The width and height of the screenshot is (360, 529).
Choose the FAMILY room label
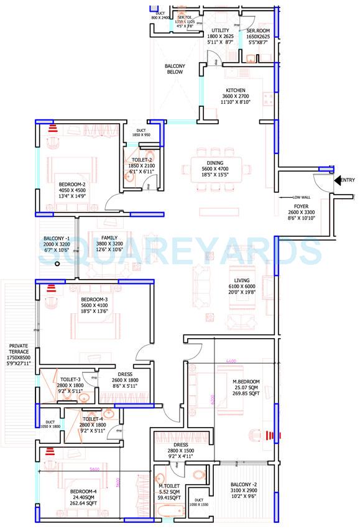pos(109,238)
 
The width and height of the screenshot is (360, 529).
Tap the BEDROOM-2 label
pos(72,184)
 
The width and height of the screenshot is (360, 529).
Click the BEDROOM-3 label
pos(95,300)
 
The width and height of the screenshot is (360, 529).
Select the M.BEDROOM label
pos(246,382)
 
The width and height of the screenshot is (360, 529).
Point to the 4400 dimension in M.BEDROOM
pos(231,362)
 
